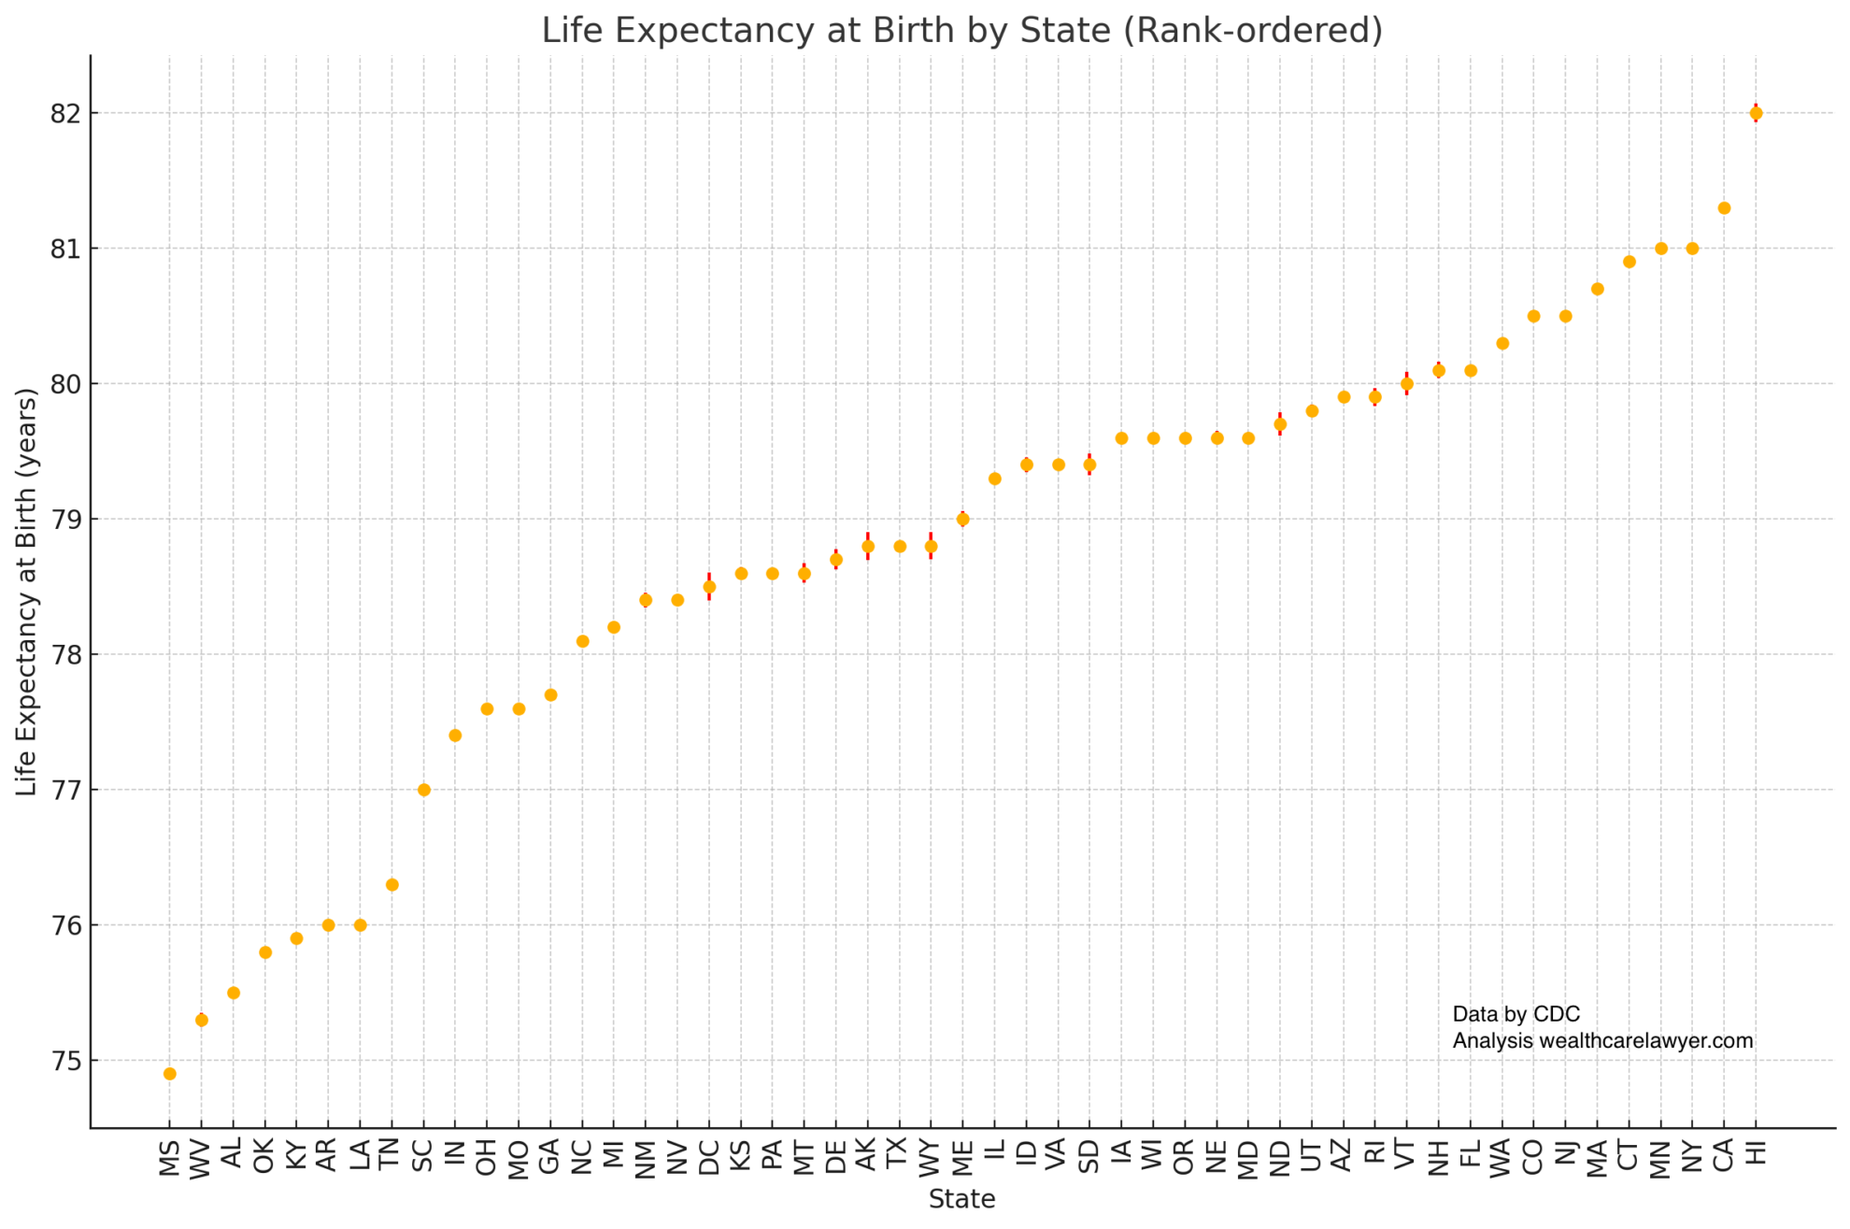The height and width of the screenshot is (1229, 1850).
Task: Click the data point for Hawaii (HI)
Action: pyautogui.click(x=1756, y=113)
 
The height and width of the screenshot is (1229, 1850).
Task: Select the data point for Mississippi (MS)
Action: pyautogui.click(x=169, y=1074)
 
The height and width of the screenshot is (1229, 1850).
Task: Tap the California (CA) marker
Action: pyautogui.click(x=1724, y=208)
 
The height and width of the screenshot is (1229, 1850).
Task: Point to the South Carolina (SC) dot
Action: pyautogui.click(x=423, y=790)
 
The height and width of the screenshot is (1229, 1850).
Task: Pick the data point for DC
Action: pyautogui.click(x=709, y=587)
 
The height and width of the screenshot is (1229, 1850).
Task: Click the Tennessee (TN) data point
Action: pyautogui.click(x=392, y=885)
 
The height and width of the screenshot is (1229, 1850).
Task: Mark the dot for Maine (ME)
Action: pyautogui.click(x=962, y=520)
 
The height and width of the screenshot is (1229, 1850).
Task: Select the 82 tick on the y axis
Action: pyautogui.click(x=65, y=114)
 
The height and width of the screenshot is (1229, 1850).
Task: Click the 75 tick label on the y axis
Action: pyautogui.click(x=65, y=1062)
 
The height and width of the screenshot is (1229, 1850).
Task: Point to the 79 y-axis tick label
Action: pyautogui.click(x=65, y=520)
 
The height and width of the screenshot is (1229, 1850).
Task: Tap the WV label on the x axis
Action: pyautogui.click(x=201, y=1159)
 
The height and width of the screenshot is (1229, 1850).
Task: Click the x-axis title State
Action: pyautogui.click(x=961, y=1199)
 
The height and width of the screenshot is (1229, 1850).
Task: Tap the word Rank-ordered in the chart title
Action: pyautogui.click(x=1252, y=31)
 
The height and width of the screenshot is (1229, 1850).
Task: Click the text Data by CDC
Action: pyautogui.click(x=1516, y=1014)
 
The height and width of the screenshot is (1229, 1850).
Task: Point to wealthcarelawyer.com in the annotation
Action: pyautogui.click(x=1645, y=1041)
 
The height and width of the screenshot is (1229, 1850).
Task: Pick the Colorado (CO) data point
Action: pyautogui.click(x=1533, y=317)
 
